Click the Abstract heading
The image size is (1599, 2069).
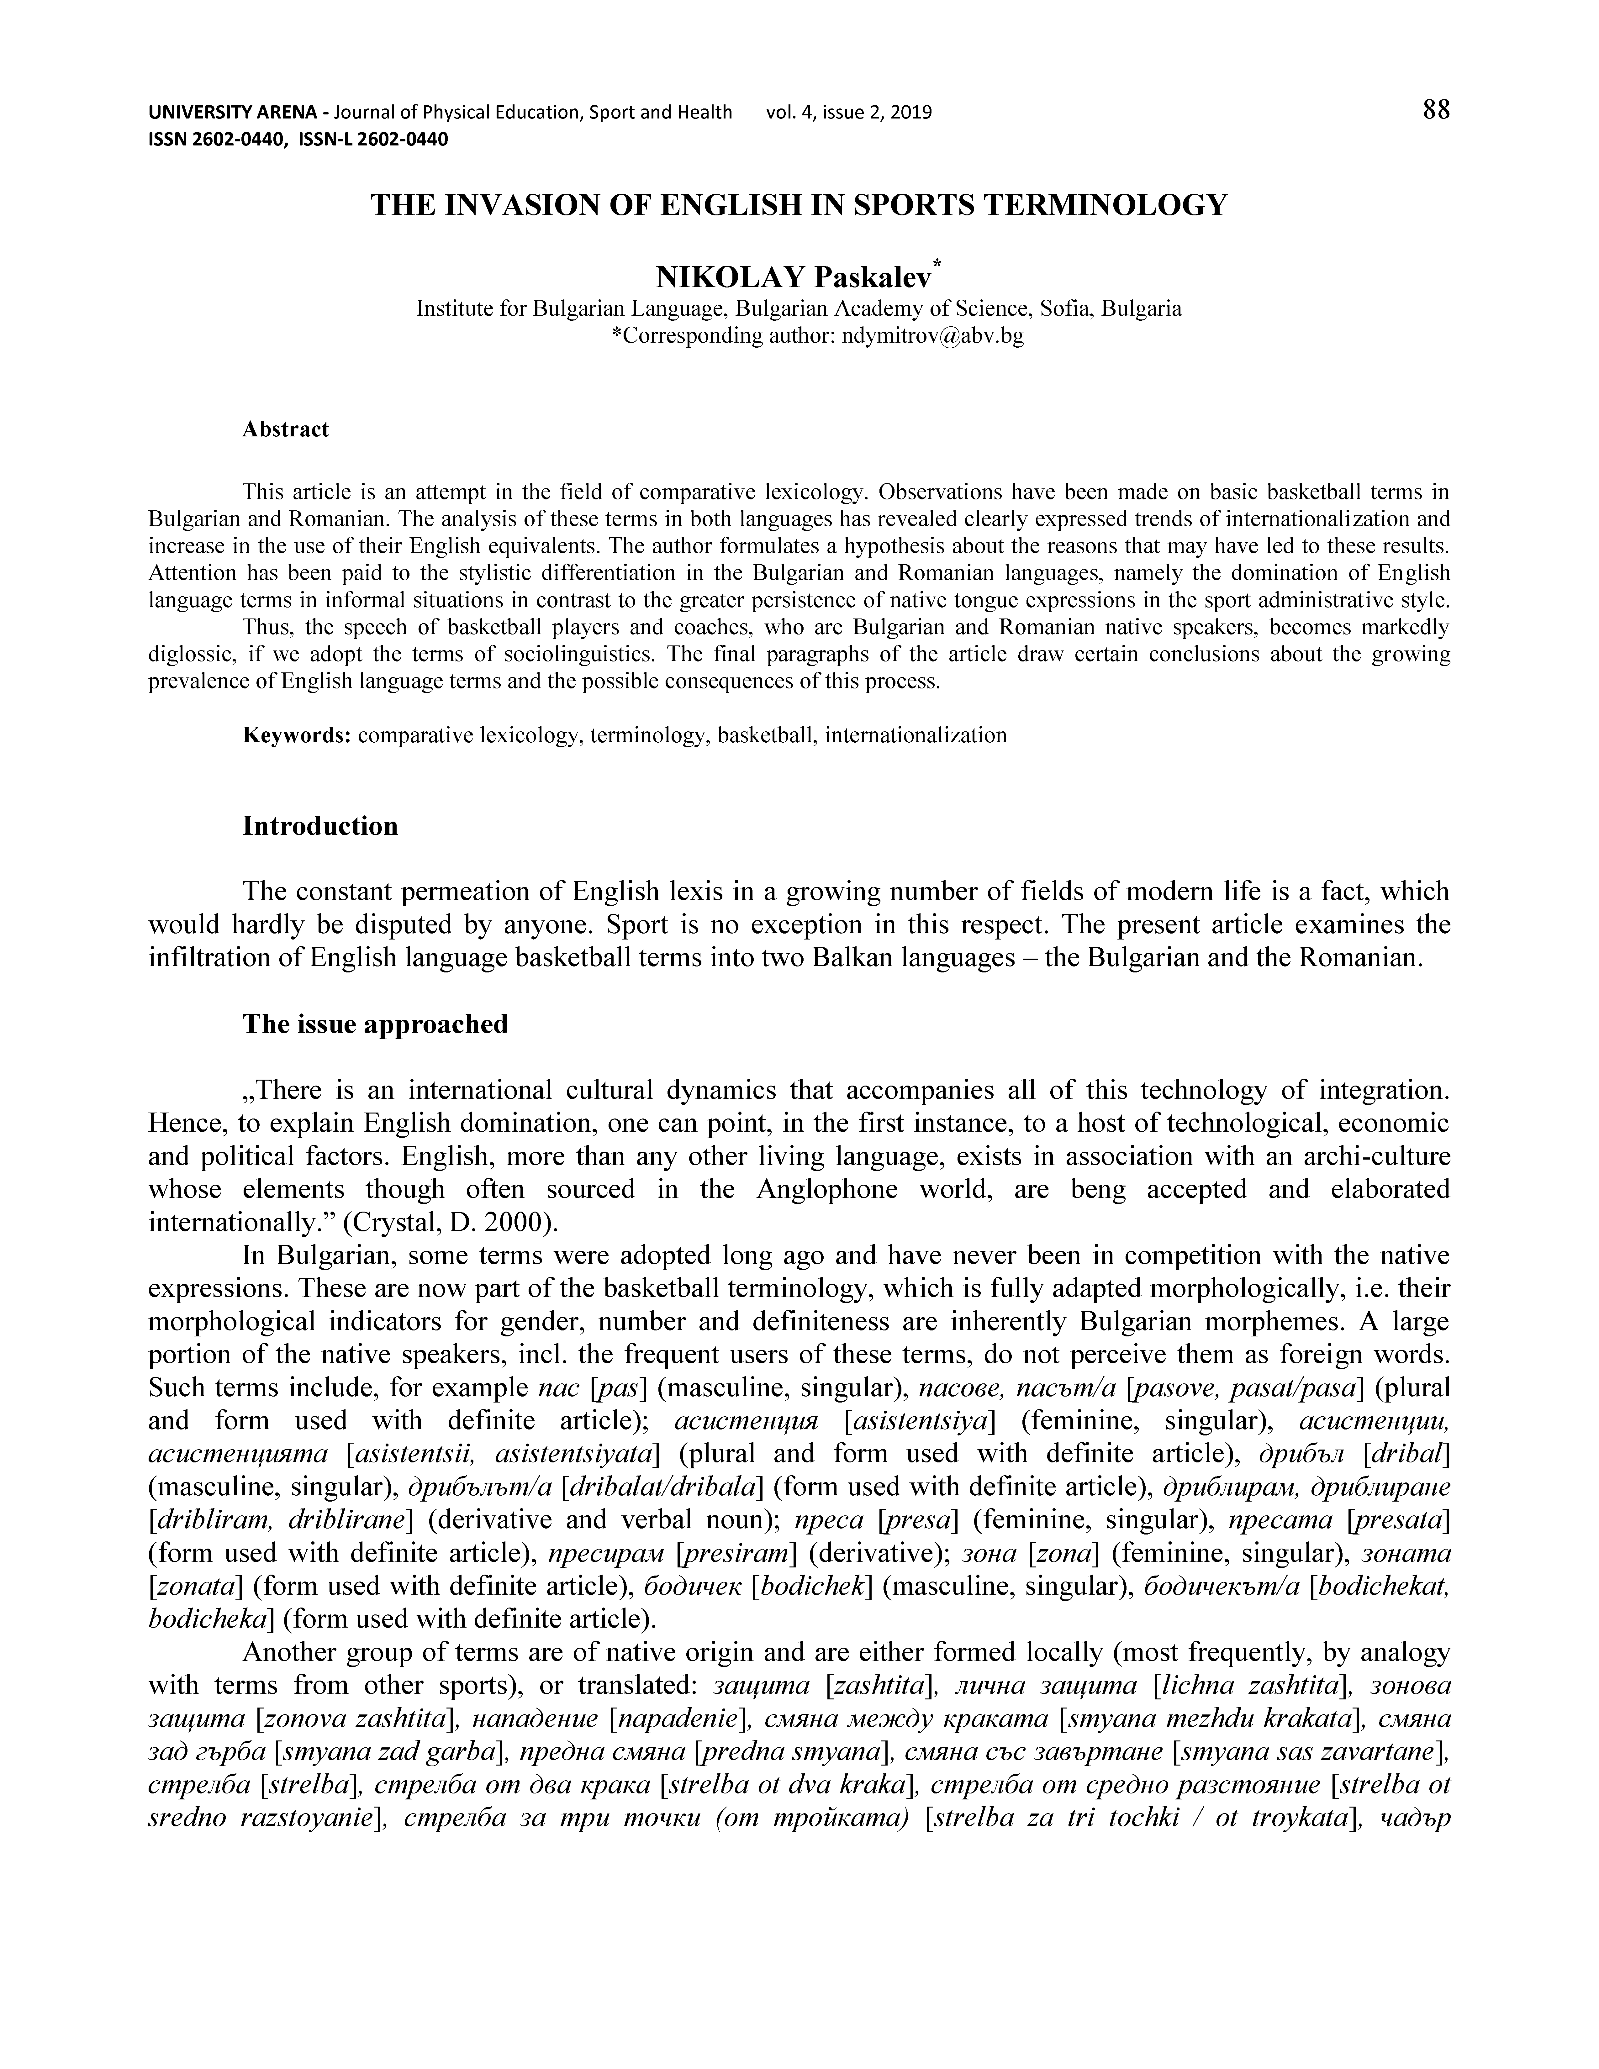(x=285, y=429)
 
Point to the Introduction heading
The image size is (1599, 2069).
(x=320, y=826)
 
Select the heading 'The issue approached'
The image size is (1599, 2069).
(x=375, y=1024)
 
